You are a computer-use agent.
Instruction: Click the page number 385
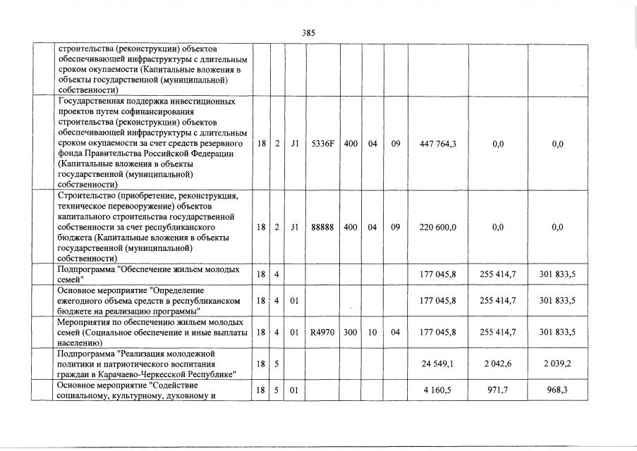point(308,33)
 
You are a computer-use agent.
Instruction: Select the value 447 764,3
point(438,144)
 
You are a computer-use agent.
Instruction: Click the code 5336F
point(323,144)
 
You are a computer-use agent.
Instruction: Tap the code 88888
point(323,228)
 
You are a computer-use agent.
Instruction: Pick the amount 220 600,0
point(438,228)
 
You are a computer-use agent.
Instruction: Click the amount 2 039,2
point(558,364)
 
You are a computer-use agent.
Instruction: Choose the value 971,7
point(502,390)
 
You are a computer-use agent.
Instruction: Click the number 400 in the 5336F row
point(351,144)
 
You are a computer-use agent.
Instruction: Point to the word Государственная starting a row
point(92,101)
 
